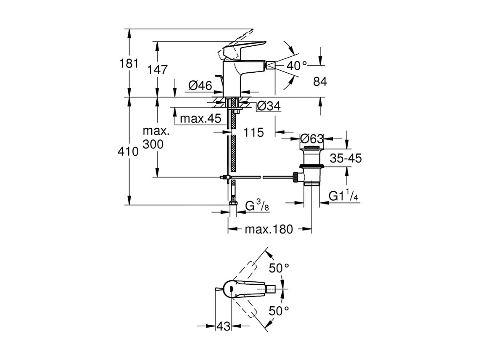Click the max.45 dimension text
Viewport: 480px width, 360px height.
pyautogui.click(x=200, y=119)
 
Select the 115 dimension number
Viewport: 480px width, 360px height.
pyautogui.click(x=253, y=132)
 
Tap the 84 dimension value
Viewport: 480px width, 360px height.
pyautogui.click(x=320, y=82)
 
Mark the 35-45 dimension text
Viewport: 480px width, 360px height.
pyautogui.click(x=345, y=158)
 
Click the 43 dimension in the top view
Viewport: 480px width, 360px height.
pyautogui.click(x=224, y=326)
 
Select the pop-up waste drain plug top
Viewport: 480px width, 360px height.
pyautogui.click(x=311, y=148)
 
